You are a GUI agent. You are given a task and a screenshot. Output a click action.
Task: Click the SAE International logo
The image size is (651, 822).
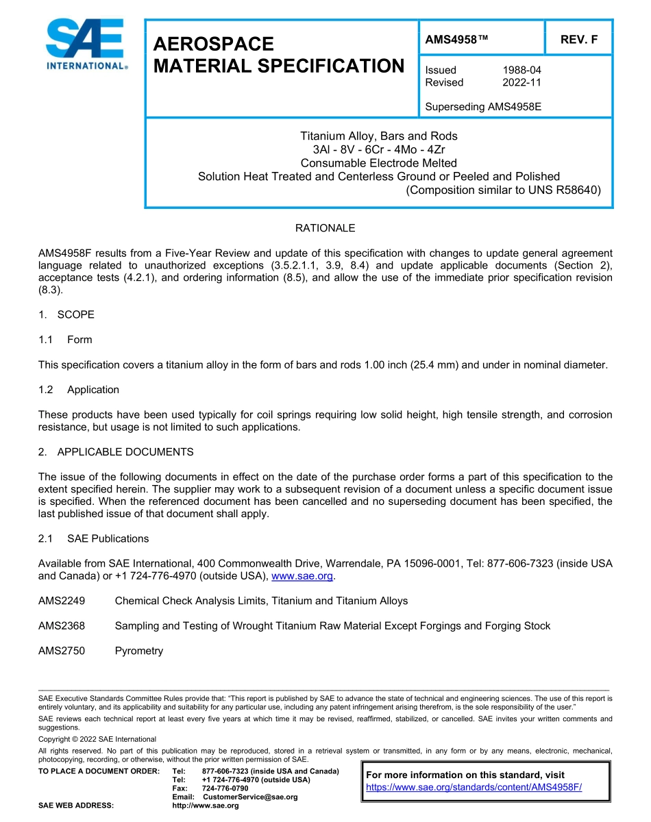pyautogui.click(x=86, y=45)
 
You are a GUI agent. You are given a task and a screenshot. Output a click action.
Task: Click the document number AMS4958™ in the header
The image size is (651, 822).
pyautogui.click(x=456, y=40)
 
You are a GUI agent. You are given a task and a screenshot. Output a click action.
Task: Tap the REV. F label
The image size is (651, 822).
pyautogui.click(x=579, y=40)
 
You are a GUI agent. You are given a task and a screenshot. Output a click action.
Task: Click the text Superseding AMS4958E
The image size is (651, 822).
pyautogui.click(x=483, y=107)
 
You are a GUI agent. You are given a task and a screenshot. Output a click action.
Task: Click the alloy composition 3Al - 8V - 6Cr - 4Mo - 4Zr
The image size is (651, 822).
pyautogui.click(x=378, y=149)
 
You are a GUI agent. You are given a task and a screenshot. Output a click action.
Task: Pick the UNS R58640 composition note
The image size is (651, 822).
pyautogui.click(x=504, y=190)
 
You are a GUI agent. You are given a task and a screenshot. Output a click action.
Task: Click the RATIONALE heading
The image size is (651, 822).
pyautogui.click(x=325, y=227)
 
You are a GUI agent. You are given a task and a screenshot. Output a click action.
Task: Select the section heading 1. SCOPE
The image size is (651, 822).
pyautogui.click(x=66, y=314)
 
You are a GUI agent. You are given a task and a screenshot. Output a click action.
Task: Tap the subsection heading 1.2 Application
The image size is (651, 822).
pyautogui.click(x=79, y=390)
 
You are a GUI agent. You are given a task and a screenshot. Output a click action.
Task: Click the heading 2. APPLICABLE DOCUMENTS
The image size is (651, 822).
pyautogui.click(x=116, y=452)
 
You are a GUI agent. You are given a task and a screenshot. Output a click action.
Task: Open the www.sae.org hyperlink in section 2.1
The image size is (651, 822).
pyautogui.click(x=302, y=576)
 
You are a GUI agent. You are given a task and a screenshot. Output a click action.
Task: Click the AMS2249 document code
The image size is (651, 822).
pyautogui.click(x=62, y=601)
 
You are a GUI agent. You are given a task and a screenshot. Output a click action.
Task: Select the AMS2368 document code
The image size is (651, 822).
pyautogui.click(x=62, y=625)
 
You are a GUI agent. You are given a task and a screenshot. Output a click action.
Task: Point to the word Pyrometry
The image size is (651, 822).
pyautogui.click(x=139, y=651)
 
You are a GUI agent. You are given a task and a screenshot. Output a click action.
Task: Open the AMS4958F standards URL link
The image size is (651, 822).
pyautogui.click(x=474, y=787)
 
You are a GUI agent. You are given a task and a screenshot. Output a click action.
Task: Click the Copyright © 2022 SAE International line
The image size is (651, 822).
pyautogui.click(x=97, y=739)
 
